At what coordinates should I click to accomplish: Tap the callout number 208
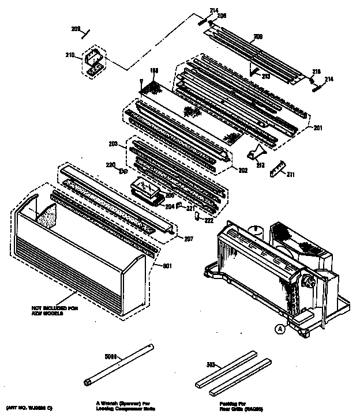258,37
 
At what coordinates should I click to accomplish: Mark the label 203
113,143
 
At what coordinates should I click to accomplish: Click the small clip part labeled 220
122,171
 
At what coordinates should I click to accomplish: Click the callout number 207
189,239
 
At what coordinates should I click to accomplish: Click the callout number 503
212,364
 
